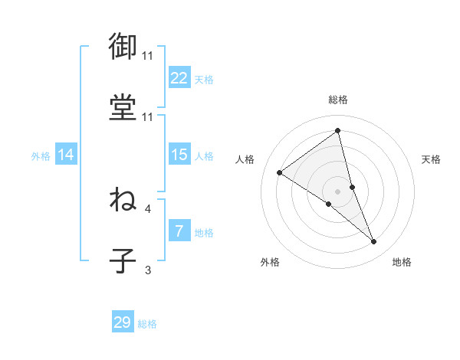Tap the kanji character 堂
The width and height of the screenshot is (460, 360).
coord(123,106)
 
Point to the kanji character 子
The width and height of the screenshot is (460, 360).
coord(123,260)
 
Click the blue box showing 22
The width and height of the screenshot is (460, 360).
coord(179,77)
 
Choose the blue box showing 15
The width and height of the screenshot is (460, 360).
coord(179,155)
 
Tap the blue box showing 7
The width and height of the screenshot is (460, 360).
coord(179,231)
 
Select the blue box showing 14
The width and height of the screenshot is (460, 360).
coord(66,155)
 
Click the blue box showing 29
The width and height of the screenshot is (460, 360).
coord(123,322)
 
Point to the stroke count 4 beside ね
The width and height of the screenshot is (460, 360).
coord(149,208)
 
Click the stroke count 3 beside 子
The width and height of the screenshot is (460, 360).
coord(149,270)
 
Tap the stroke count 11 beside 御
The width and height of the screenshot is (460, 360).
coord(147,56)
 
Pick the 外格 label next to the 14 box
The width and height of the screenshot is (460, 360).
coord(41,155)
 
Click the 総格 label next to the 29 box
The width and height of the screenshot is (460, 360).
coord(147,324)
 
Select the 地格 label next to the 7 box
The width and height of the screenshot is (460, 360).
coord(204,233)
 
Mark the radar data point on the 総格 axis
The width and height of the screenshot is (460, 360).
coord(337,130)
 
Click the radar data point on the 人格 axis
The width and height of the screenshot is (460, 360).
coord(280,172)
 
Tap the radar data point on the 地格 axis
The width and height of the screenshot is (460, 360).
coord(374,242)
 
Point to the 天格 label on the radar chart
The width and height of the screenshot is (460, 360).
coord(431,159)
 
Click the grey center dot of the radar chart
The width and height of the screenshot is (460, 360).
coord(337,191)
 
